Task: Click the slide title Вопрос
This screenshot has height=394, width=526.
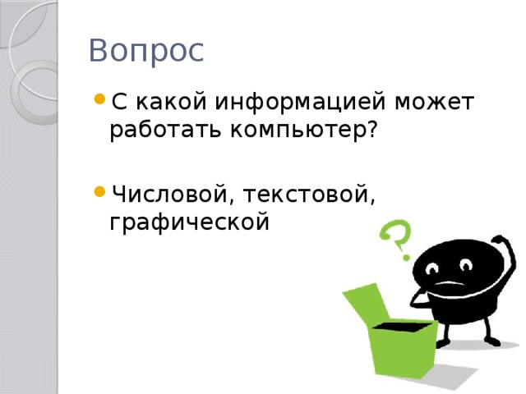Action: click(x=146, y=50)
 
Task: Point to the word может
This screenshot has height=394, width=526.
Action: click(x=434, y=103)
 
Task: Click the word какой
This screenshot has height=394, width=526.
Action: click(x=170, y=103)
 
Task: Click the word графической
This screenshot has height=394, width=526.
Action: click(x=189, y=222)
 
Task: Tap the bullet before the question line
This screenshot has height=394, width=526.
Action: click(x=99, y=100)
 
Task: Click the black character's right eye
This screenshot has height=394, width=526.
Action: click(x=466, y=264)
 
